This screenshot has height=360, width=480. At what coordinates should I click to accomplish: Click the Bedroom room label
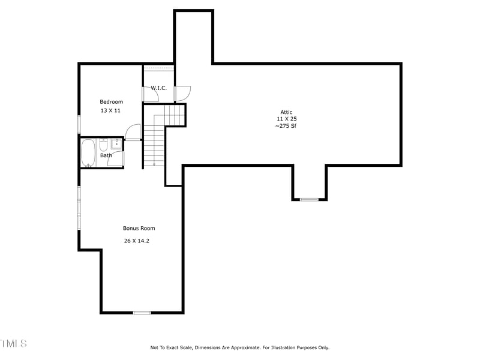click(x=111, y=102)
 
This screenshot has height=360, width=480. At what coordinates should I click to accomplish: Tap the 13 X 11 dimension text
click(x=110, y=111)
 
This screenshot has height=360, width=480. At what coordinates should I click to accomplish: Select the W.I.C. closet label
click(x=159, y=88)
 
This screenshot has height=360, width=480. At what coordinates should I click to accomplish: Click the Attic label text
click(x=286, y=112)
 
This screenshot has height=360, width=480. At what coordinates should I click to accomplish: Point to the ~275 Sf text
click(x=286, y=127)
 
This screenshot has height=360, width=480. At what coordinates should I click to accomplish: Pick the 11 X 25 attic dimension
click(x=286, y=119)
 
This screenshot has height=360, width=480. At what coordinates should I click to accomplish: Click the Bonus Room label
click(x=139, y=228)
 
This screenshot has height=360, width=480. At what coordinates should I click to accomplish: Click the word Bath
click(x=106, y=155)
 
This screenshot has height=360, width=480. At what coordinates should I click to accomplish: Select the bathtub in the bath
click(x=88, y=152)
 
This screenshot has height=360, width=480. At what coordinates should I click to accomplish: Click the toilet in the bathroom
click(x=103, y=144)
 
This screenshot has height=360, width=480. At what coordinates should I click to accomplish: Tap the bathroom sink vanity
click(x=116, y=144)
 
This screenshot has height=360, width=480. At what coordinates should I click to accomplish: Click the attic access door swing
click(x=182, y=94)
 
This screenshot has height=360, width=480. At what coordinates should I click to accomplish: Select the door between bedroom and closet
click(x=148, y=94)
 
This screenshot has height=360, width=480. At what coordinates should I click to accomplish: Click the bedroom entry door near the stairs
click(x=133, y=132)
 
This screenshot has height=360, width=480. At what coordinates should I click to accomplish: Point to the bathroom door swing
click(x=118, y=159)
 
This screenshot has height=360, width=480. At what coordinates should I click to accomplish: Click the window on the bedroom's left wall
click(x=79, y=124)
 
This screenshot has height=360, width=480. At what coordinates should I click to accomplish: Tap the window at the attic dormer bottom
click(x=309, y=199)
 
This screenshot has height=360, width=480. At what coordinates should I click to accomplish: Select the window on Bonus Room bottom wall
click(x=142, y=313)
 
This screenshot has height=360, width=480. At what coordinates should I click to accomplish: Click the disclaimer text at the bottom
click(x=239, y=347)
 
